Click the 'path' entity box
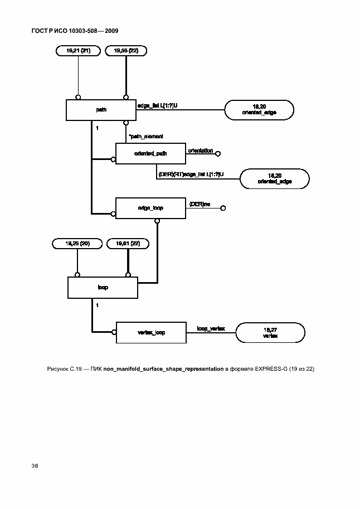click(x=101, y=110)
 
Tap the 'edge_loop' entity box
click(x=150, y=208)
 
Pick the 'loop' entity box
click(x=103, y=288)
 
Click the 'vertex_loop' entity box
click(x=150, y=333)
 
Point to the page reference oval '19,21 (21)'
click(x=78, y=51)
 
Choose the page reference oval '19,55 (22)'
click(x=126, y=51)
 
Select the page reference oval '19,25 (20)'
click(x=77, y=244)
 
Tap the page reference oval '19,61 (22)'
click(x=128, y=244)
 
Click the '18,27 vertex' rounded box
click(x=270, y=333)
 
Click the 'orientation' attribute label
click(x=201, y=151)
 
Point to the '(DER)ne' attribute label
click(x=200, y=205)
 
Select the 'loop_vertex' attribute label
click(x=211, y=329)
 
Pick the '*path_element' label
click(x=145, y=136)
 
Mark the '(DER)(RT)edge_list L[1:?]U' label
click(x=191, y=174)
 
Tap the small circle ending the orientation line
click(x=218, y=153)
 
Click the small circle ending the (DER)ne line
click(x=222, y=209)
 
